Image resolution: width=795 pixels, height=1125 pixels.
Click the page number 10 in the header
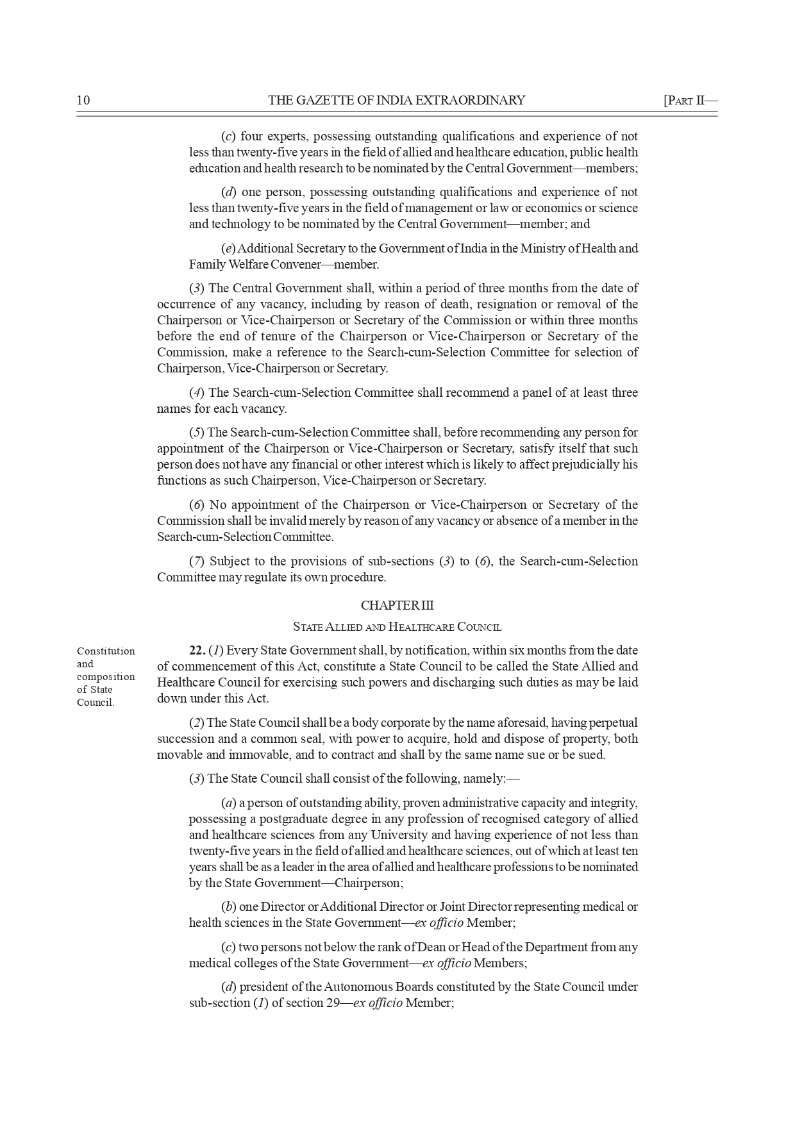[83, 100]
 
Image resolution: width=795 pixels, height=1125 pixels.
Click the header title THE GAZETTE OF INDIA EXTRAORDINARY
[396, 100]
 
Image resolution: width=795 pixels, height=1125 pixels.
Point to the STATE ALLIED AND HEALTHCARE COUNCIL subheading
[397, 627]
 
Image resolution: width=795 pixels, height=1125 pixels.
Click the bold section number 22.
[197, 651]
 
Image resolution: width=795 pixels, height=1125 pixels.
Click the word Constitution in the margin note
[106, 651]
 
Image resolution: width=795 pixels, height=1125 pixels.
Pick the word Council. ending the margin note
[96, 703]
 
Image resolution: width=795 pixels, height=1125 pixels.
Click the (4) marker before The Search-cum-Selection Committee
[197, 392]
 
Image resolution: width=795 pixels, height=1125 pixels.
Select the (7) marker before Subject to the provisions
[197, 561]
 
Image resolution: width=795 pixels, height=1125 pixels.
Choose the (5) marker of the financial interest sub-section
[197, 432]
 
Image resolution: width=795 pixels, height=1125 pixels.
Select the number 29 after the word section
[333, 1003]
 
